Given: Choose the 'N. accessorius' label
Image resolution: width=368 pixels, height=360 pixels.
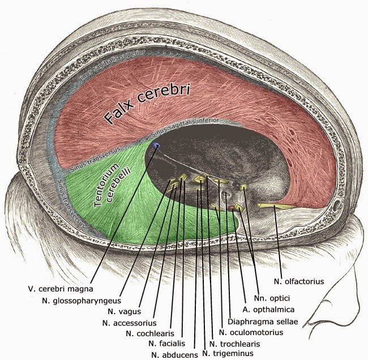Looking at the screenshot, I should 129,323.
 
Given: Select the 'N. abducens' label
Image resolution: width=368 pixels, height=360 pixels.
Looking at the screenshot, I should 174,354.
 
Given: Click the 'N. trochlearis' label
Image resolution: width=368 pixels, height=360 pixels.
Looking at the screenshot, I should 234,344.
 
